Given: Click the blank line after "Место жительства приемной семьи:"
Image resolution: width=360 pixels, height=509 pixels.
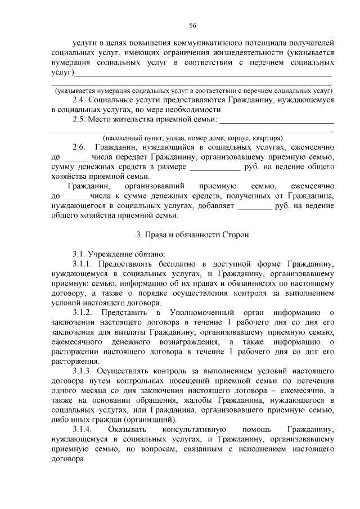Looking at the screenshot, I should (x=276, y=120).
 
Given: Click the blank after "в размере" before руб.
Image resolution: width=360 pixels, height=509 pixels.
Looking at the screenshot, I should (x=215, y=167).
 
